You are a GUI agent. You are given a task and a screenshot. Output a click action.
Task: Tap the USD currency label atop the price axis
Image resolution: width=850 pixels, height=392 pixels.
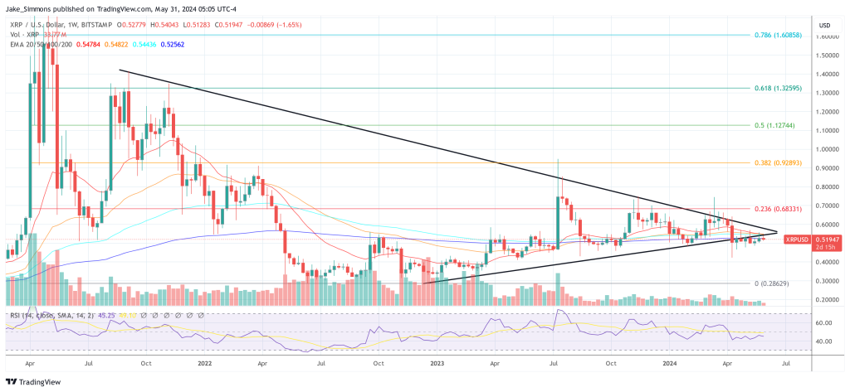824,25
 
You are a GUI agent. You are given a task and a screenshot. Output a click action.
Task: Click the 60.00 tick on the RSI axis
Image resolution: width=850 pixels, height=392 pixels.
825,322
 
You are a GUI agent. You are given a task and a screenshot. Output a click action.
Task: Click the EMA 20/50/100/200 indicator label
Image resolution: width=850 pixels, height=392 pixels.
42,46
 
